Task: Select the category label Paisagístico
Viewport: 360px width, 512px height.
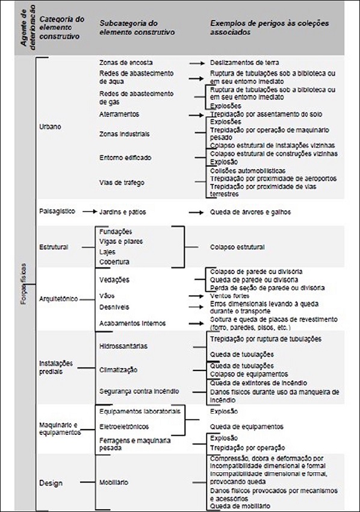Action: click(57, 211)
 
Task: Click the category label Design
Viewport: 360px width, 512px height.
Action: click(51, 482)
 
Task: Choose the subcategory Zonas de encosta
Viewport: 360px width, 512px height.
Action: click(126, 62)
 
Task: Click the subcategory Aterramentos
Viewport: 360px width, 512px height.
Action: click(119, 114)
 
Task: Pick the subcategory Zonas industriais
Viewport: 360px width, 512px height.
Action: click(125, 134)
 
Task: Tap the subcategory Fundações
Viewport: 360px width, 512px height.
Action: click(115, 231)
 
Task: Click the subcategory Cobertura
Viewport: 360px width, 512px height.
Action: click(114, 262)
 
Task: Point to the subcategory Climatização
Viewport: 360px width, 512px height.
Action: click(119, 369)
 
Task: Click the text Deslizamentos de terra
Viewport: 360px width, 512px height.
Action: click(244, 62)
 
